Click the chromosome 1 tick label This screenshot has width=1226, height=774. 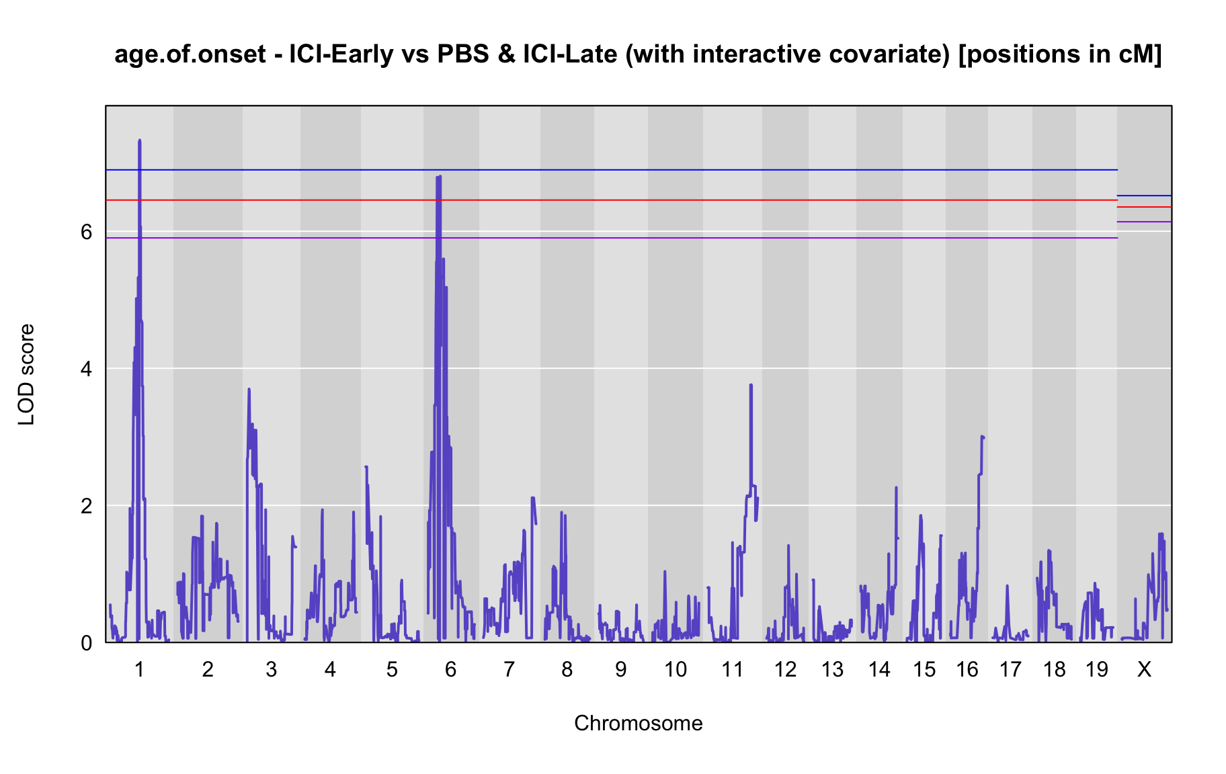pos(139,669)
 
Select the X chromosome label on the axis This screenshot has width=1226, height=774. pos(1144,669)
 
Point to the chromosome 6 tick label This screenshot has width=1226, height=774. pos(450,669)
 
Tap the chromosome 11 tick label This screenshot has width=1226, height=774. pos(732,669)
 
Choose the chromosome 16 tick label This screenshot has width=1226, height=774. pos(967,669)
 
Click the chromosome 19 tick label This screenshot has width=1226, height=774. pos(1096,669)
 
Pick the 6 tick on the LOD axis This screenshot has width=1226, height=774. pos(86,232)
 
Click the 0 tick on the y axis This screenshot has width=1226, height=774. pos(86,642)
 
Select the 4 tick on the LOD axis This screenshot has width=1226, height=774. pos(86,369)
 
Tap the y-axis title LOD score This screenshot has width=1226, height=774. pos(27,374)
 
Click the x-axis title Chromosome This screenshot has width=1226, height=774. pos(638,723)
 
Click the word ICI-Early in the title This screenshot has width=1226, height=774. pos(341,54)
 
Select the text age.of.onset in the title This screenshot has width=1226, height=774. pos(190,55)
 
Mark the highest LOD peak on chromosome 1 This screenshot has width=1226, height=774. pos(139,140)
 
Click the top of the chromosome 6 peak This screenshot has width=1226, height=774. pos(440,176)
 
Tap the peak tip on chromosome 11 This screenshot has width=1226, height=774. pos(751,385)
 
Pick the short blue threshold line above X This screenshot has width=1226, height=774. pos(1144,196)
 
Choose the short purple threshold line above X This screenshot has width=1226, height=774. pos(1144,222)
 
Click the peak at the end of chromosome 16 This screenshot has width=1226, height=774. pos(982,437)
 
